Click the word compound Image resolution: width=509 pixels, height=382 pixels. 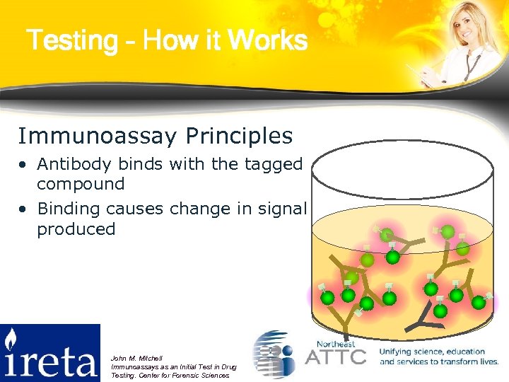click(81, 184)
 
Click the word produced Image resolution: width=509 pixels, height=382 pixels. click(76, 228)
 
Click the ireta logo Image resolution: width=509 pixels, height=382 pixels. click(50, 352)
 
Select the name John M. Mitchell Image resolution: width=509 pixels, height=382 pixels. click(137, 359)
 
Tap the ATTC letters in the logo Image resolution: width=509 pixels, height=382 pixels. click(335, 355)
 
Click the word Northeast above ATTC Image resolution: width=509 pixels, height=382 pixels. click(337, 343)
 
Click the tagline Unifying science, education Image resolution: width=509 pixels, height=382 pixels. click(432, 352)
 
